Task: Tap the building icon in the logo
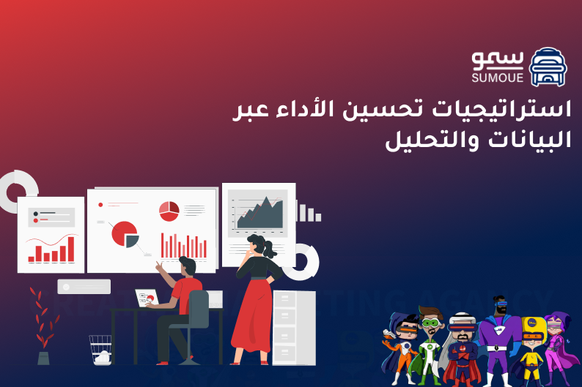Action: point(548,67)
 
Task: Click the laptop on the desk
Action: point(147,298)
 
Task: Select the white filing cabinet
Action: point(294,326)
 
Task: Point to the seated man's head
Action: point(187,266)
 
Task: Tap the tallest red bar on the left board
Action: point(71,249)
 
